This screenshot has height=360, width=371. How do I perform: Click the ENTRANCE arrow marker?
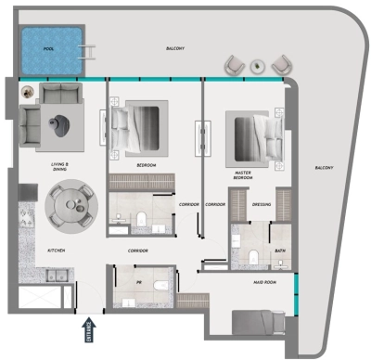click(x=90, y=328)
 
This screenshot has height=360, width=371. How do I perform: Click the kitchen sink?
click(x=52, y=275)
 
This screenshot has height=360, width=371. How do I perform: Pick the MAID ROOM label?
click(x=265, y=283)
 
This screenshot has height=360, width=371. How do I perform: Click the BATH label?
click(x=280, y=251)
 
